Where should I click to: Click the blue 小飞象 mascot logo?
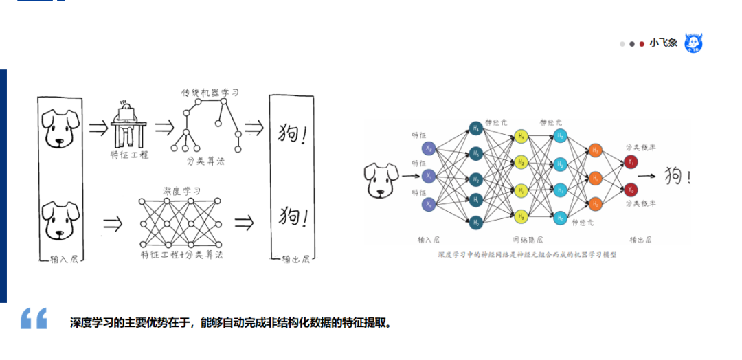(693, 43)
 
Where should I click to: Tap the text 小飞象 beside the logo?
(664, 43)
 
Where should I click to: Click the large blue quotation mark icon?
(34, 318)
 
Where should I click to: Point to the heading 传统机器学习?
(210, 92)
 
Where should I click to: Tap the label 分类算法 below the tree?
(205, 161)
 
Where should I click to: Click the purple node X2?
(429, 148)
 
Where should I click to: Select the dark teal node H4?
(476, 128)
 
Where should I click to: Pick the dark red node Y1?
(631, 161)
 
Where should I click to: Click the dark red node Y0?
(631, 189)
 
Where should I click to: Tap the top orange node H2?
(595, 150)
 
